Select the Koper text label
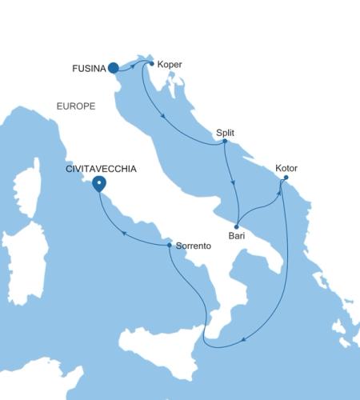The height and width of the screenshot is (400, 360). [x=171, y=63]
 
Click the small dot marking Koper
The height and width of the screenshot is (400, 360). [x=151, y=62]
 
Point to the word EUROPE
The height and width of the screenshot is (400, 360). [x=76, y=106]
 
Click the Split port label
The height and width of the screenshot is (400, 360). [x=227, y=133]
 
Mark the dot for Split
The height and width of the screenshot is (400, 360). [x=225, y=142]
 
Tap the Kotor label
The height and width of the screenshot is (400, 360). [x=286, y=169]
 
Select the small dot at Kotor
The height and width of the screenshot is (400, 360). [x=286, y=178]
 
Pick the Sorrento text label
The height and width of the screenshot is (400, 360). [x=193, y=246]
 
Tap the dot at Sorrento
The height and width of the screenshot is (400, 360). [x=169, y=246]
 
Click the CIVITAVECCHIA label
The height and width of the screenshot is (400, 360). [x=101, y=170]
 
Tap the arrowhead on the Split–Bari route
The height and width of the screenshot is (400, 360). [x=233, y=182]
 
